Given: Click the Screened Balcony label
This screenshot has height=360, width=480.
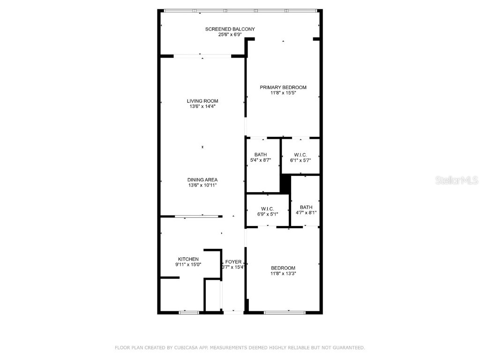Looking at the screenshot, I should click(230, 29).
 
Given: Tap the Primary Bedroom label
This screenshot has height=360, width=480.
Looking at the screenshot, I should click(283, 87).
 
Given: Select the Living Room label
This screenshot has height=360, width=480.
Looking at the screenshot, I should click(202, 101).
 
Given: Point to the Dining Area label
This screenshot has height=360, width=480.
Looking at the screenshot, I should click(202, 180).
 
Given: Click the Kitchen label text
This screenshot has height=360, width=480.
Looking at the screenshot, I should click(188, 259).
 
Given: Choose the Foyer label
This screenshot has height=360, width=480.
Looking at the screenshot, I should click(233, 262).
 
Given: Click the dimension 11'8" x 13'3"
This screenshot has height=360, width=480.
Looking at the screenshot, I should click(283, 274).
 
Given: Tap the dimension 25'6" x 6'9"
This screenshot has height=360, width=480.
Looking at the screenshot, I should click(230, 35).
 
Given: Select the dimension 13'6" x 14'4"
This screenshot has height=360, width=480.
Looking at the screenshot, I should click(202, 106).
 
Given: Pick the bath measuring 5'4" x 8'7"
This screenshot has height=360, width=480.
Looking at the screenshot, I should click(261, 157).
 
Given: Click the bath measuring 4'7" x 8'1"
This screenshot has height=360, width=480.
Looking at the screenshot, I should click(306, 210).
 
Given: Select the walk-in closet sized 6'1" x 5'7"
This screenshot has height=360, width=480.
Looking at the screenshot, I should click(300, 157).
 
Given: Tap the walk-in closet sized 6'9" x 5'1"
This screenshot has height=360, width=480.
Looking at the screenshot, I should click(268, 211).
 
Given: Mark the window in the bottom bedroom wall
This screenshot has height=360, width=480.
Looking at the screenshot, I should click(285, 312).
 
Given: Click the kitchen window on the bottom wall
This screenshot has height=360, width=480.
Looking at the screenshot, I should click(189, 312).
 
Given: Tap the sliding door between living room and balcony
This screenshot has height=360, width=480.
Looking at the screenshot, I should click(202, 56).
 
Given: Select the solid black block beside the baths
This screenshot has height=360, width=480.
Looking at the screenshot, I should click(285, 184).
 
